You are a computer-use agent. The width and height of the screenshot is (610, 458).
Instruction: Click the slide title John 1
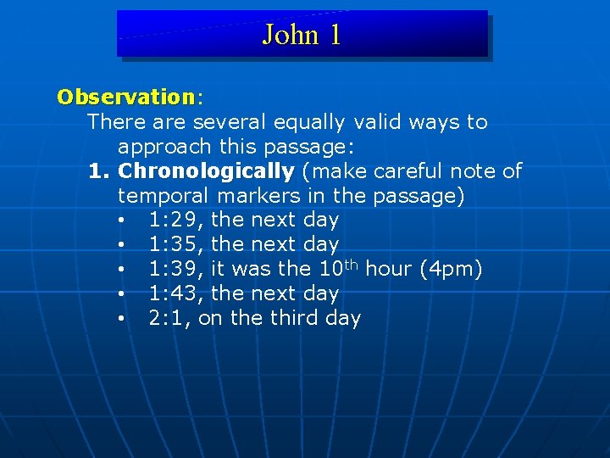[x=302, y=35]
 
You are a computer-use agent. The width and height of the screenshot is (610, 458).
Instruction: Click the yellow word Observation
[x=125, y=97]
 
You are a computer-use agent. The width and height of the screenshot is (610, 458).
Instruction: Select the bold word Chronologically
[x=206, y=171]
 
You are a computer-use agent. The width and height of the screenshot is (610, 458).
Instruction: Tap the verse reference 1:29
[x=175, y=221]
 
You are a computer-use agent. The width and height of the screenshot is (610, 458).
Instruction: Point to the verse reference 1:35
[x=175, y=245]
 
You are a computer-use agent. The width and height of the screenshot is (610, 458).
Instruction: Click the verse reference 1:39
[x=175, y=270]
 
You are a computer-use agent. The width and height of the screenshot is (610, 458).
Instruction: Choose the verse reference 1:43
[x=175, y=294]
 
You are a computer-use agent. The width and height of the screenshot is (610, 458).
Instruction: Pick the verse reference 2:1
[x=169, y=319]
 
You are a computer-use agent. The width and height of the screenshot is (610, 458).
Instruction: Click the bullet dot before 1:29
[x=123, y=222]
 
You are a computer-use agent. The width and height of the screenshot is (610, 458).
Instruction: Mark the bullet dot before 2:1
[x=123, y=321]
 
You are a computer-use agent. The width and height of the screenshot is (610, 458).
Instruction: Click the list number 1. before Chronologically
[x=100, y=171]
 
